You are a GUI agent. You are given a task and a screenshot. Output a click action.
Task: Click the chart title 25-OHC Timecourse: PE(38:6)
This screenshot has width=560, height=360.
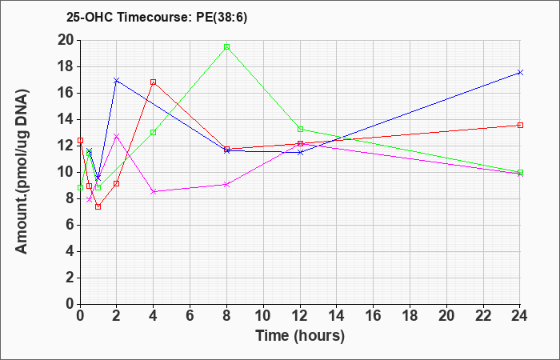pyautogui.click(x=157, y=18)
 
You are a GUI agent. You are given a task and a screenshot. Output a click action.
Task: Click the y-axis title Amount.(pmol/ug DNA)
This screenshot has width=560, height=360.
pyautogui.click(x=22, y=171)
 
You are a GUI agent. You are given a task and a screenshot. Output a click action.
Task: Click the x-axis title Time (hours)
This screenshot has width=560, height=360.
pyautogui.click(x=300, y=336)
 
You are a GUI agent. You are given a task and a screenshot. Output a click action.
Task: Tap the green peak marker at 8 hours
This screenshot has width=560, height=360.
pyautogui.click(x=226, y=46)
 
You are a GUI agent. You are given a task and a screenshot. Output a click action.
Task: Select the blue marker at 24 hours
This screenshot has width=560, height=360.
pyautogui.click(x=520, y=73)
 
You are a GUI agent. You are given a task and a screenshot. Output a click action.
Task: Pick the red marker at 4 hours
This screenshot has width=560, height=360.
pyautogui.click(x=154, y=82)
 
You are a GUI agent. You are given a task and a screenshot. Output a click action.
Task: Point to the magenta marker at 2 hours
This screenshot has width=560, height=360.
pyautogui.click(x=116, y=136)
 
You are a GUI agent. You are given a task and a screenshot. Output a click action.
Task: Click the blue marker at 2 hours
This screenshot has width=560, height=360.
pyautogui.click(x=116, y=80)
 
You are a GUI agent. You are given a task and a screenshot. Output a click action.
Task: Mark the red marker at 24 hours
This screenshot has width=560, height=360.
pyautogui.click(x=520, y=125)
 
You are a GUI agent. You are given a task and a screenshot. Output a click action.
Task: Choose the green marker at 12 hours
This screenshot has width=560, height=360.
pyautogui.click(x=300, y=129)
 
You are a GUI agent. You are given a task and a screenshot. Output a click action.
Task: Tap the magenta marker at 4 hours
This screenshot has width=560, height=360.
pyautogui.click(x=154, y=191)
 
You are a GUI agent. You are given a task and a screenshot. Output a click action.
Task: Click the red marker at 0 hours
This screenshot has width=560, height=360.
pyautogui.click(x=80, y=140)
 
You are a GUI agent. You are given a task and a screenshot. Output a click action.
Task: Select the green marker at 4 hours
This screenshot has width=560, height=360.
pyautogui.click(x=154, y=132)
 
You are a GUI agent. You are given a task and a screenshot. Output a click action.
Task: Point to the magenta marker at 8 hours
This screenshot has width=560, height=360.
pyautogui.click(x=226, y=184)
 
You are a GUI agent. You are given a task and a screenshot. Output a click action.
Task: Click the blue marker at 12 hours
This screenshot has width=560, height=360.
pyautogui.click(x=300, y=152)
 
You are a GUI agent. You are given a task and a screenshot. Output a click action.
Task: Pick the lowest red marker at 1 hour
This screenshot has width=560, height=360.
pyautogui.click(x=98, y=206)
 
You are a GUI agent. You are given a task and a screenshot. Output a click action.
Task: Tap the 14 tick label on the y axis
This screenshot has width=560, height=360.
pyautogui.click(x=66, y=120)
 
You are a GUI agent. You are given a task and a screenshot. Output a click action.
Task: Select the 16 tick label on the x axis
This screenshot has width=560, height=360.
pyautogui.click(x=374, y=315)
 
